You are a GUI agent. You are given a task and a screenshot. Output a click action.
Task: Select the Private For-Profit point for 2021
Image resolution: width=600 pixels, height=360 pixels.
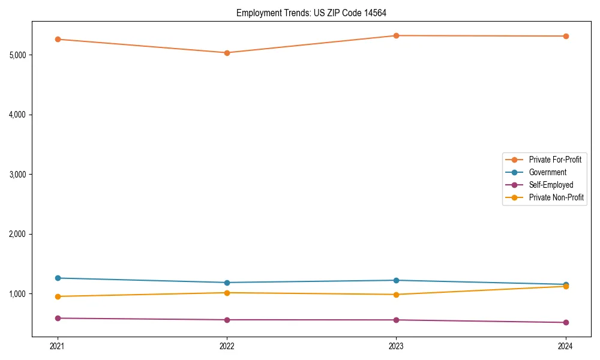pos(58,40)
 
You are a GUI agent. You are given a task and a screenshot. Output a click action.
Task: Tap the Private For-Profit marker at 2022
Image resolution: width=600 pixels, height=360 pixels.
pos(227,53)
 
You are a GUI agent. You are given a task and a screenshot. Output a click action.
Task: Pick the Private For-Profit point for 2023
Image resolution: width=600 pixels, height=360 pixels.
pos(396,36)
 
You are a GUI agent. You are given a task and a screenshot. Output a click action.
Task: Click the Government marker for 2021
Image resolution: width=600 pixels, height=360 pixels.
pos(58,278)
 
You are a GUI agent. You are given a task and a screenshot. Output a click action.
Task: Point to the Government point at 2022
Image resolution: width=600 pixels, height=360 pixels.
pos(227,283)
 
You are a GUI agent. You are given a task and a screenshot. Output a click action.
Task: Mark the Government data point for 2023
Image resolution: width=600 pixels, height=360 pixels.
pos(396,280)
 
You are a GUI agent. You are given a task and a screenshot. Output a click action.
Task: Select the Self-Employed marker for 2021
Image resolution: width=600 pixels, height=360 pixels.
pos(58,318)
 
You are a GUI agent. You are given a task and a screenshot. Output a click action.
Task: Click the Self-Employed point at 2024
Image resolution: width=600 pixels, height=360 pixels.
pos(565,323)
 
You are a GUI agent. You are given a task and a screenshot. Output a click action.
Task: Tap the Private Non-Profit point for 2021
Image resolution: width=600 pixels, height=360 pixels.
pos(58,296)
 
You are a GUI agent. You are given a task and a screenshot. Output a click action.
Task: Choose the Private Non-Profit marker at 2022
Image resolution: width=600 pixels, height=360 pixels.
pos(227,293)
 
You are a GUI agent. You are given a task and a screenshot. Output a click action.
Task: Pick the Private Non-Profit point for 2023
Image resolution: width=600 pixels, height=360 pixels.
pos(396,295)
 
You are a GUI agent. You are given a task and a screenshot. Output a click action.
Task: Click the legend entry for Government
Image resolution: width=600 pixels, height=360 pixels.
pos(547,172)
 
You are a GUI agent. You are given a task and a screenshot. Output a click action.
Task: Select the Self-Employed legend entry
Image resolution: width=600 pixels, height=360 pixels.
pos(551,185)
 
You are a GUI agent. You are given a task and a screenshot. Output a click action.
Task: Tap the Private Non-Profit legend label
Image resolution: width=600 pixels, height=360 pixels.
pos(556,197)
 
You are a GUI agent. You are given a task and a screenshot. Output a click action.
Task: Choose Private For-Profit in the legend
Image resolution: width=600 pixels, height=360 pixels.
pos(555,160)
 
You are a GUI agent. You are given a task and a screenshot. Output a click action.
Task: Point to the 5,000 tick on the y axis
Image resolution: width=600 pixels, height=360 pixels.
pos(17,55)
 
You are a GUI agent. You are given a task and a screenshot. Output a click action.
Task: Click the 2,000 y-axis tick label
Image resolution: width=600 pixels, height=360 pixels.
pos(17,234)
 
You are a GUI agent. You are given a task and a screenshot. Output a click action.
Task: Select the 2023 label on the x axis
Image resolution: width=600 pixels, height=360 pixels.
pos(396,346)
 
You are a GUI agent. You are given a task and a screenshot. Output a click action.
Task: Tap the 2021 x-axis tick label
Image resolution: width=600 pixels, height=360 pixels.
pos(58,346)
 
